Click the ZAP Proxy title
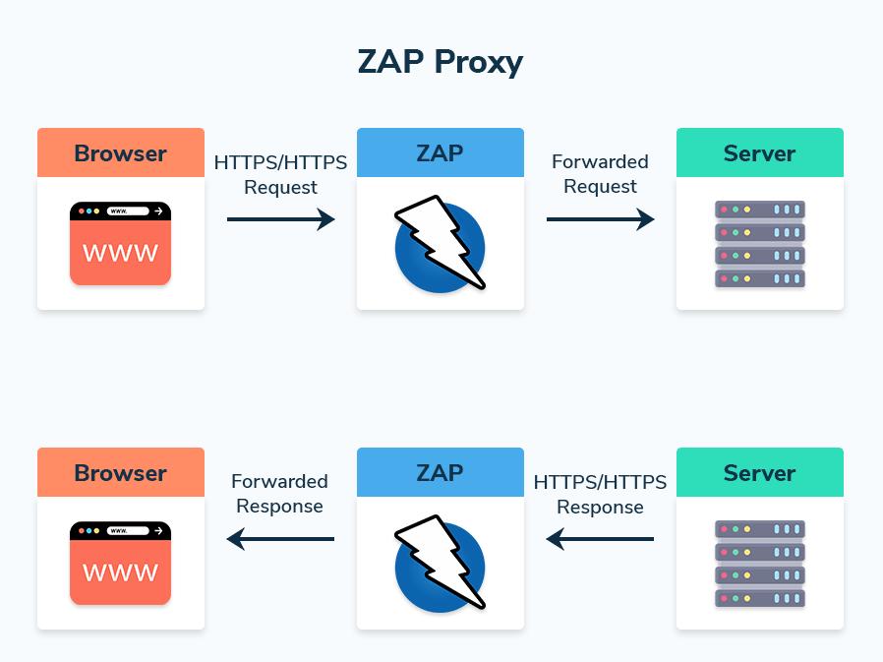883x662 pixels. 441,62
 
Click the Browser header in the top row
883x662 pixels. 120,153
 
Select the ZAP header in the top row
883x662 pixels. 440,153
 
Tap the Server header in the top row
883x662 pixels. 759,153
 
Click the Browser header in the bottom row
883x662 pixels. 120,473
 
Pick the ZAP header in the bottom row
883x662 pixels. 440,473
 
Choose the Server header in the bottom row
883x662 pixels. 759,473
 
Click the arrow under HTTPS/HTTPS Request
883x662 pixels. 280,219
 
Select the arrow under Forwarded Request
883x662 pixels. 600,219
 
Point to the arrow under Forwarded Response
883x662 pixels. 280,539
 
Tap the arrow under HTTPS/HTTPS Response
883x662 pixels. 600,539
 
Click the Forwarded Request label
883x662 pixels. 600,174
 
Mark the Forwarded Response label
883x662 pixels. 279,494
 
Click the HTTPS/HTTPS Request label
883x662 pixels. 280,174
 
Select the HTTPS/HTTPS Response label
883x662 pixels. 600,494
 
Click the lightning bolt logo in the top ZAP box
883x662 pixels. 440,245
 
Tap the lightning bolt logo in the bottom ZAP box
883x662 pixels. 440,565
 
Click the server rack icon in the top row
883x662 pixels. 759,244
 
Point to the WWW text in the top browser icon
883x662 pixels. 120,253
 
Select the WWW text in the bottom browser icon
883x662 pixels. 120,572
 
